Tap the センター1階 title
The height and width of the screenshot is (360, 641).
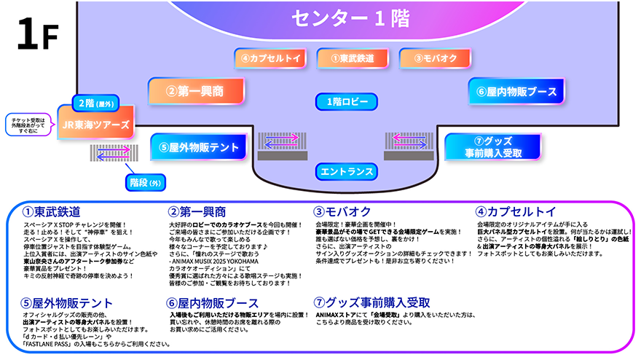click(x=350, y=19)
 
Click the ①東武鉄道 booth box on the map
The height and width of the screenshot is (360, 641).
click(x=353, y=58)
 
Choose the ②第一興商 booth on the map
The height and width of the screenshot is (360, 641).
click(x=194, y=92)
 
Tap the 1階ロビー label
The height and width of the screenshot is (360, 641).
click(x=347, y=101)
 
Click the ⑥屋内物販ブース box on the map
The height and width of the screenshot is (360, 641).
click(x=517, y=92)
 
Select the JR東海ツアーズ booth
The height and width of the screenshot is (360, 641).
click(x=96, y=124)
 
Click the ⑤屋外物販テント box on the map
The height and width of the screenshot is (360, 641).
click(x=198, y=147)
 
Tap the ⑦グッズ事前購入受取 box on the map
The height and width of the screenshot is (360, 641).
click(x=493, y=146)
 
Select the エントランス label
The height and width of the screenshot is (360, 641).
click(x=347, y=172)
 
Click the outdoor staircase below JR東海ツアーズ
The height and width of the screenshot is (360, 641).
click(x=114, y=152)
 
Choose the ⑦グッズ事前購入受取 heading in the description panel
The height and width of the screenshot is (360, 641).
click(x=371, y=302)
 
